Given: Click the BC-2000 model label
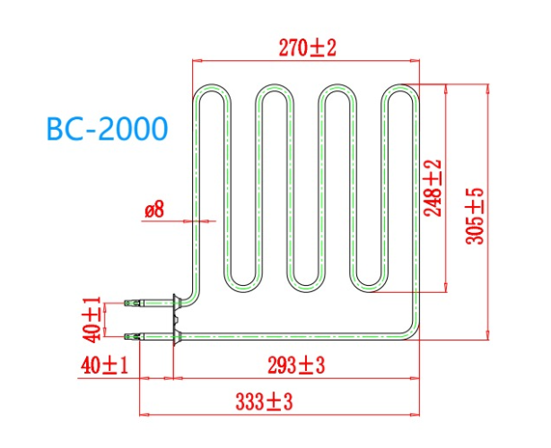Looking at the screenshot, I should pos(107,131).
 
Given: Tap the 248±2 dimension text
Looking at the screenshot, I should pos(433,189).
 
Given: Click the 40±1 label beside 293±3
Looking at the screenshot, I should pos(101,365).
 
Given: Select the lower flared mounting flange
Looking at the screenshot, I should pos(178,336).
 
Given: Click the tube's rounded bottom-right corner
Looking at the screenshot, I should pos(413,332).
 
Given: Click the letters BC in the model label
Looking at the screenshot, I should pos(65,131).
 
